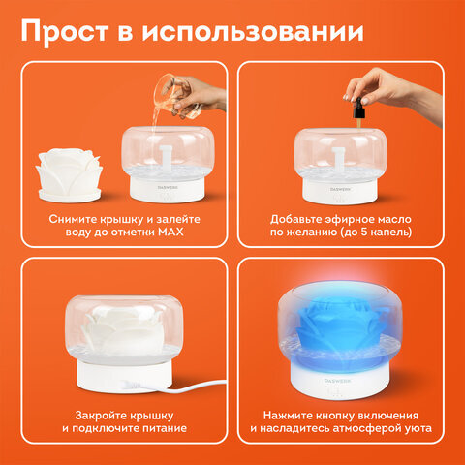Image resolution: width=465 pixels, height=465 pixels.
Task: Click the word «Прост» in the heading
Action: click(x=65, y=32)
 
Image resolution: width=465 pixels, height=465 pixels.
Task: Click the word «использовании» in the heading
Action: click(x=253, y=31)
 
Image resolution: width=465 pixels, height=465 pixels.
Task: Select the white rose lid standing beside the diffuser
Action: click(x=69, y=175)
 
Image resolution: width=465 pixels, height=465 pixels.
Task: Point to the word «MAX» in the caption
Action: click(x=170, y=232)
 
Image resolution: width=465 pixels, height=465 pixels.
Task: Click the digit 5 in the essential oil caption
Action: click(x=365, y=232)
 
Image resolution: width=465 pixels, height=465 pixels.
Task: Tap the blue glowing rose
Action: click(x=338, y=327)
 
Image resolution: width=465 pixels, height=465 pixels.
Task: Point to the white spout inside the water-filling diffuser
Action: click(x=167, y=158)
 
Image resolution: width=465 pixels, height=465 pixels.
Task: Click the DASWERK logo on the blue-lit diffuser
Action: click(x=337, y=381)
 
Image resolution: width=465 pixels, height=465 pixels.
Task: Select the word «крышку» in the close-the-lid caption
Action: click(x=151, y=416)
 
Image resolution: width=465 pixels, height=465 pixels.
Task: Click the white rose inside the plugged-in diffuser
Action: click(x=124, y=330)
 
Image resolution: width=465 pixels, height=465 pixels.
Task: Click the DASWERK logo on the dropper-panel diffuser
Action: click(x=340, y=189)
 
